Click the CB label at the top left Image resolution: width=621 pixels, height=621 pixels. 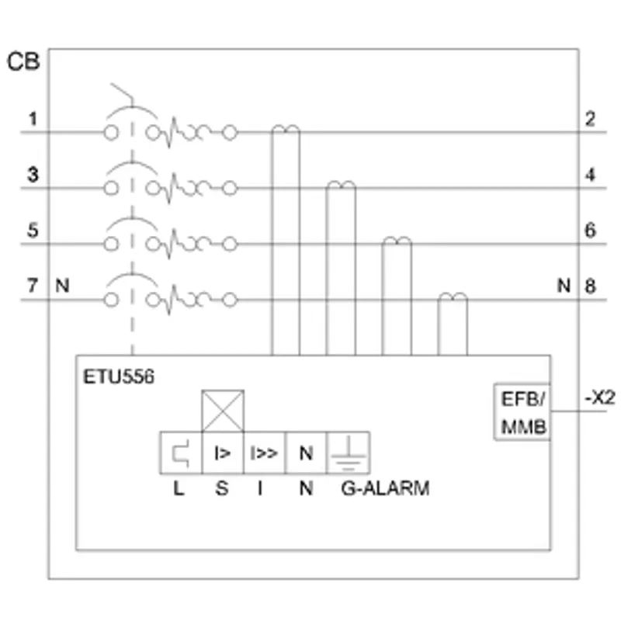click(23, 62)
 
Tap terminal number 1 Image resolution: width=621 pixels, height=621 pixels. click(33, 119)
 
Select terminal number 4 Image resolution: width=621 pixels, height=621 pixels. click(590, 174)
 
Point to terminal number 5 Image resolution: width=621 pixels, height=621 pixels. click(33, 230)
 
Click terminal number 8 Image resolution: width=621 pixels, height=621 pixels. click(590, 286)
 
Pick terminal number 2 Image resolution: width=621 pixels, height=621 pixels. click(590, 119)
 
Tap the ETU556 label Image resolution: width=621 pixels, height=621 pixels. click(119, 376)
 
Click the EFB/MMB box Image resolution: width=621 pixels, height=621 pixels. click(522, 411)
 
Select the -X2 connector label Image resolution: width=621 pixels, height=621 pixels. click(600, 397)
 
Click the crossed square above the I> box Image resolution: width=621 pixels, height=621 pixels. click(223, 411)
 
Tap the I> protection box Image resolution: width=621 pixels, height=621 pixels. click(223, 453)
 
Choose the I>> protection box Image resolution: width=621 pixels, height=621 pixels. click(264, 453)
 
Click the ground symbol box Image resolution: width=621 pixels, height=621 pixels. click(348, 453)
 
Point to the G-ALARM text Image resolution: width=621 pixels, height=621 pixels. click(385, 488)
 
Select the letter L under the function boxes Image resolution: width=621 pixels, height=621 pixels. click(179, 488)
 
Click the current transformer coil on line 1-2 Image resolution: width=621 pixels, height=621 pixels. click(286, 129)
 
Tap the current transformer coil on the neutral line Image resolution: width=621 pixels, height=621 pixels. click(453, 297)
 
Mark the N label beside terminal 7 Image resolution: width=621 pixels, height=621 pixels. click(62, 286)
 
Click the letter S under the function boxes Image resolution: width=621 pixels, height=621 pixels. click(222, 488)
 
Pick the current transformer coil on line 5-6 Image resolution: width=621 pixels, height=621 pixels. click(397, 241)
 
